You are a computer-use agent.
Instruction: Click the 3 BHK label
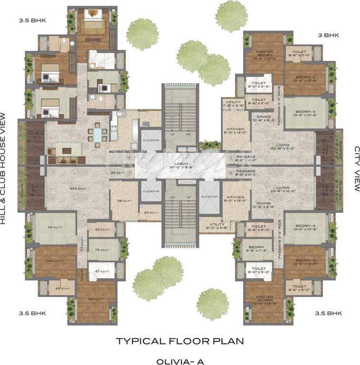point(328,35)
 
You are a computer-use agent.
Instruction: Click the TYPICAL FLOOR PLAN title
point(180,341)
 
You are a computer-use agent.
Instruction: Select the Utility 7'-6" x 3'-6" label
point(234,104)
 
